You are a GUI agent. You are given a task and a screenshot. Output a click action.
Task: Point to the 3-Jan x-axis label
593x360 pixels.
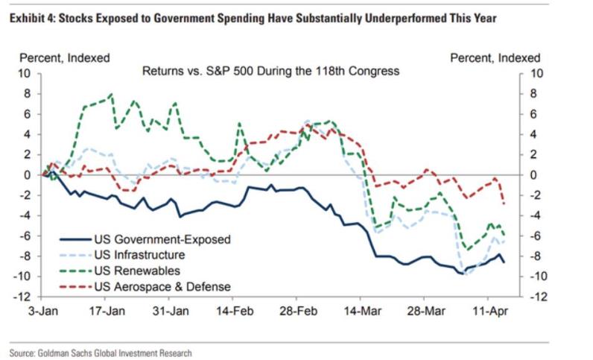click(43, 309)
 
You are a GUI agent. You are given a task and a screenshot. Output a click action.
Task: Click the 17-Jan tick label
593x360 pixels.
click(106, 309)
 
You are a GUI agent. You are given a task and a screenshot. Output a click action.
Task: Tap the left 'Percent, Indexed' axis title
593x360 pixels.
click(65, 57)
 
